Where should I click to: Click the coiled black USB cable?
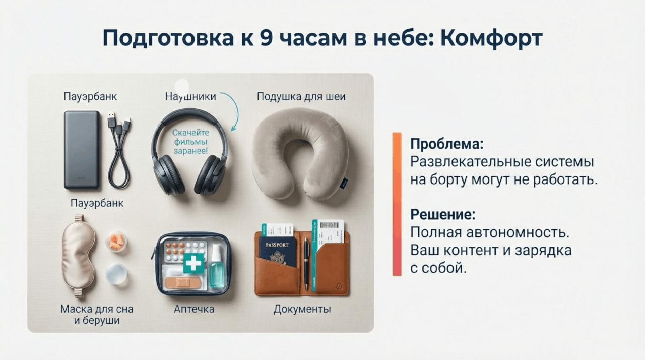(x=119, y=151)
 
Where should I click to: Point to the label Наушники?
(x=190, y=96)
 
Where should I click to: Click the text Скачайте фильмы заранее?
(x=190, y=142)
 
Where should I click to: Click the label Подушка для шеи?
(x=301, y=96)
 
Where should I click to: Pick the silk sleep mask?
(x=79, y=255)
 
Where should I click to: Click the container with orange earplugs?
(x=116, y=242)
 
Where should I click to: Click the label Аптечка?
(x=194, y=309)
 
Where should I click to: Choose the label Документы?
(x=302, y=309)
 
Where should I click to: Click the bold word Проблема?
(x=446, y=144)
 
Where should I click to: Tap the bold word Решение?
(x=442, y=214)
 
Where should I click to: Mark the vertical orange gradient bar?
(x=397, y=204)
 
